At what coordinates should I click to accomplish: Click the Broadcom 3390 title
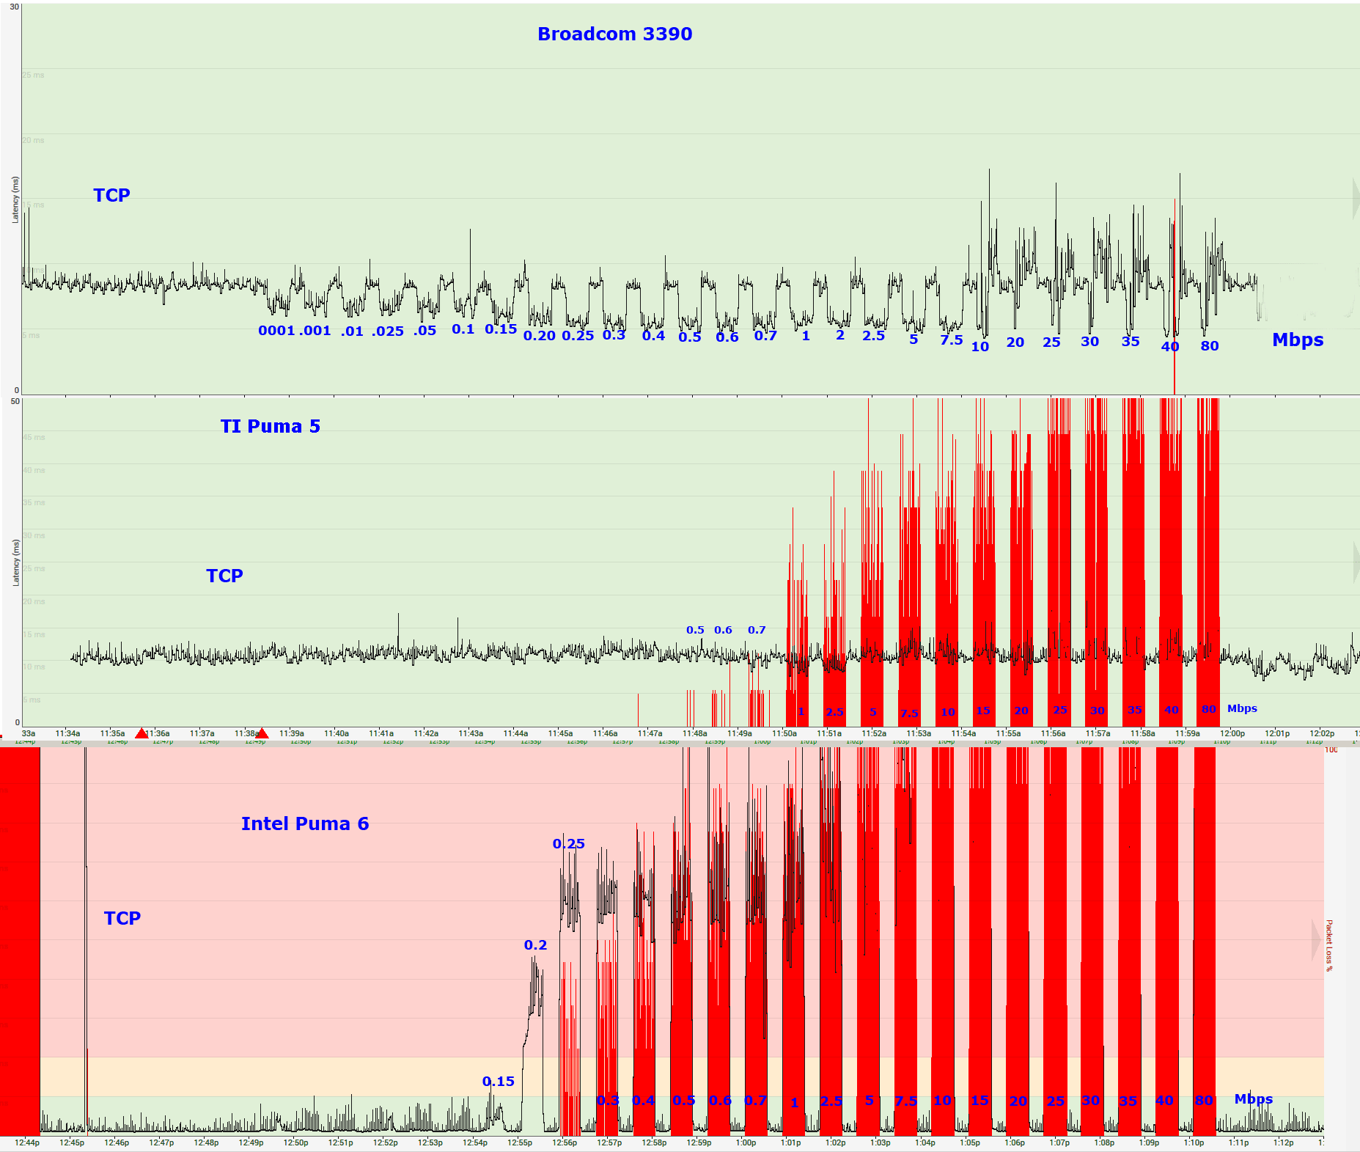coord(614,34)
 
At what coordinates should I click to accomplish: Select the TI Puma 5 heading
coord(270,427)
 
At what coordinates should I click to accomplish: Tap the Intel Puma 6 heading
coord(305,824)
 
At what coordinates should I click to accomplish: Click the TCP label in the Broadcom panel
coord(111,196)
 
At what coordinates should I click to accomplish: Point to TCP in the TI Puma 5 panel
coord(224,576)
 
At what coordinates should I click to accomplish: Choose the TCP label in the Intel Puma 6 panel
coord(122,919)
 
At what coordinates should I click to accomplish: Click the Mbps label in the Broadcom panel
coord(1297,340)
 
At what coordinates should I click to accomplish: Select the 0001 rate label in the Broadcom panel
coord(276,331)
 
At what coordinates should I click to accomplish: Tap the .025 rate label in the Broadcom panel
coord(387,331)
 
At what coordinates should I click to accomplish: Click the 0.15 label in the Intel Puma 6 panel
coord(498,1082)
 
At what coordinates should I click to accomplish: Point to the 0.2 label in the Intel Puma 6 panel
coord(535,945)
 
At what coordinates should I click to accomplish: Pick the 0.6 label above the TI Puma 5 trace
coord(723,630)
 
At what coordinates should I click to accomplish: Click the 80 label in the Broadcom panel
coord(1209,346)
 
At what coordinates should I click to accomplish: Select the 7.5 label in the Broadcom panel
coord(951,340)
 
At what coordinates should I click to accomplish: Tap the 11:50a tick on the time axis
coord(784,733)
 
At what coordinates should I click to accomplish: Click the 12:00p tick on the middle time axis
coord(1232,733)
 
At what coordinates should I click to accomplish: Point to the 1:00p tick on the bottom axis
coord(746,1142)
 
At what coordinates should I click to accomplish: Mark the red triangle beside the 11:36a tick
coord(141,733)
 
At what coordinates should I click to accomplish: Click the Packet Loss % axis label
coord(1328,946)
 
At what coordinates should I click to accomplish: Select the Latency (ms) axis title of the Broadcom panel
coord(15,199)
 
